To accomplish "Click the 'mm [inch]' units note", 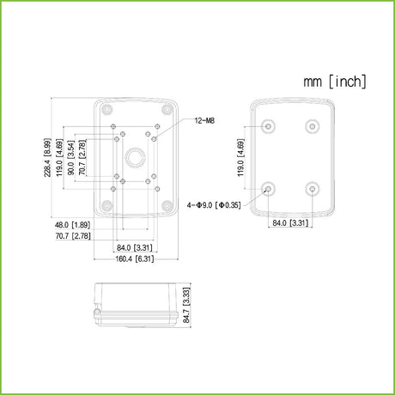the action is point(335,82).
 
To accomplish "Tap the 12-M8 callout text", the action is point(204,120).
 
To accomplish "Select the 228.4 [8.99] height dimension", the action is point(47,158).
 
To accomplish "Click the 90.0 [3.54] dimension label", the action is point(70,158).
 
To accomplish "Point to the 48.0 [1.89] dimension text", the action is point(72,225).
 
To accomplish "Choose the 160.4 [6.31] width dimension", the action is point(135,258).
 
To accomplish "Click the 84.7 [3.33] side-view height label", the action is point(186,305).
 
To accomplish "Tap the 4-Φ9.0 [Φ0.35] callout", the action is point(214,205).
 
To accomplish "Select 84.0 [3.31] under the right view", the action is point(290,222).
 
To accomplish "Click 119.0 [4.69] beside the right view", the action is point(241,158).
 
